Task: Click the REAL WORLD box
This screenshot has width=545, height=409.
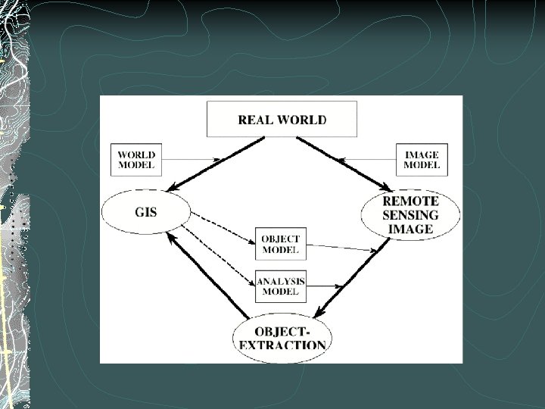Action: point(282,119)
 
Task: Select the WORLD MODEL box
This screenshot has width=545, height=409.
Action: point(136,160)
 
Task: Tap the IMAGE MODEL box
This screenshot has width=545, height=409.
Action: point(421,160)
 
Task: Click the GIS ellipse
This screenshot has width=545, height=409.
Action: point(146,211)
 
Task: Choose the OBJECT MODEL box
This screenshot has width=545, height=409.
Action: point(280,244)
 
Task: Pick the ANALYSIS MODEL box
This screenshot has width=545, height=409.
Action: point(280,286)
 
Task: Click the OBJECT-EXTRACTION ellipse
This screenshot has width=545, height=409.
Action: point(282,339)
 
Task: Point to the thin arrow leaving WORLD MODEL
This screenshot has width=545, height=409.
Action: point(189,160)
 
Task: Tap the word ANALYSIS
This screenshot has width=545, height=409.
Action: point(281,281)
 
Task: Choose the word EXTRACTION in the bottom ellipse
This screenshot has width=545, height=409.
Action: point(282,345)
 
